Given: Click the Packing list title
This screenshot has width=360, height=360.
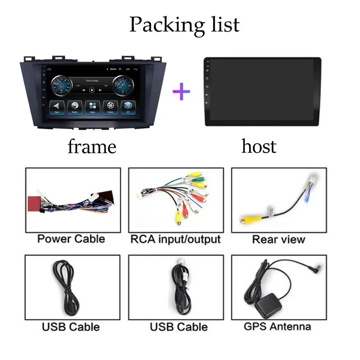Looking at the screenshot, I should [x=184, y=24].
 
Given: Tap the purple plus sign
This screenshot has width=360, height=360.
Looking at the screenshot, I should [x=181, y=91].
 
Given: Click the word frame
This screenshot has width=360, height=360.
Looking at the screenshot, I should [x=92, y=147].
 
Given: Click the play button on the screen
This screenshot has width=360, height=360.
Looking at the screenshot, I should [x=92, y=90].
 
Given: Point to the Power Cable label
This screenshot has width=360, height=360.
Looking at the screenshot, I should [x=71, y=239].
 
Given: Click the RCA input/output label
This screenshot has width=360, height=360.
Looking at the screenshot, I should [x=175, y=239].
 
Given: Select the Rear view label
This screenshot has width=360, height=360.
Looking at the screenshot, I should [x=279, y=239].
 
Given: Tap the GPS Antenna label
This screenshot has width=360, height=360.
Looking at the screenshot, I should [x=277, y=327].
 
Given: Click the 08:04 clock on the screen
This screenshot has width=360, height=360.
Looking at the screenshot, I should [x=113, y=69].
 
